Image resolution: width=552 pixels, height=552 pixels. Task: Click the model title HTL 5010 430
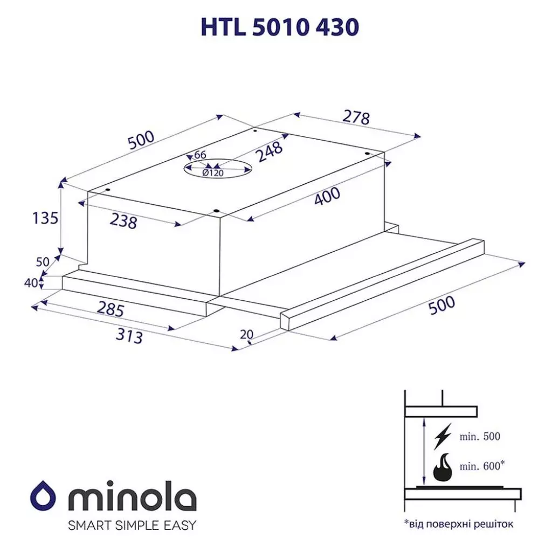[279, 27]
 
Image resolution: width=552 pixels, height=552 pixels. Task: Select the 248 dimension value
[270, 151]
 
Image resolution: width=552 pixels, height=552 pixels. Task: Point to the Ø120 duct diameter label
[213, 173]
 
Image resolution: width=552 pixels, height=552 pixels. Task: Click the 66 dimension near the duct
[200, 155]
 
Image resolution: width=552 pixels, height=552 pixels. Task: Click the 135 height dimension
[45, 218]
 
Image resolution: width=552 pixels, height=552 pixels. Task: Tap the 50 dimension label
[43, 262]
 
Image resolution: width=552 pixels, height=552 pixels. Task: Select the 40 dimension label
[30, 282]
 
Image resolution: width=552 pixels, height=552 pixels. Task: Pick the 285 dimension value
[111, 309]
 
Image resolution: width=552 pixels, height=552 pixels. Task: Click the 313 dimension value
[129, 336]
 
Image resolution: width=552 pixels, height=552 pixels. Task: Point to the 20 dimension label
[246, 334]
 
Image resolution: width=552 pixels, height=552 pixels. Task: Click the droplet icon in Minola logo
[41, 494]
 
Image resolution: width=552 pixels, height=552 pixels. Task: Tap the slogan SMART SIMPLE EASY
[132, 525]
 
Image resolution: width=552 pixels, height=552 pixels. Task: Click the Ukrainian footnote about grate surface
[459, 523]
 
